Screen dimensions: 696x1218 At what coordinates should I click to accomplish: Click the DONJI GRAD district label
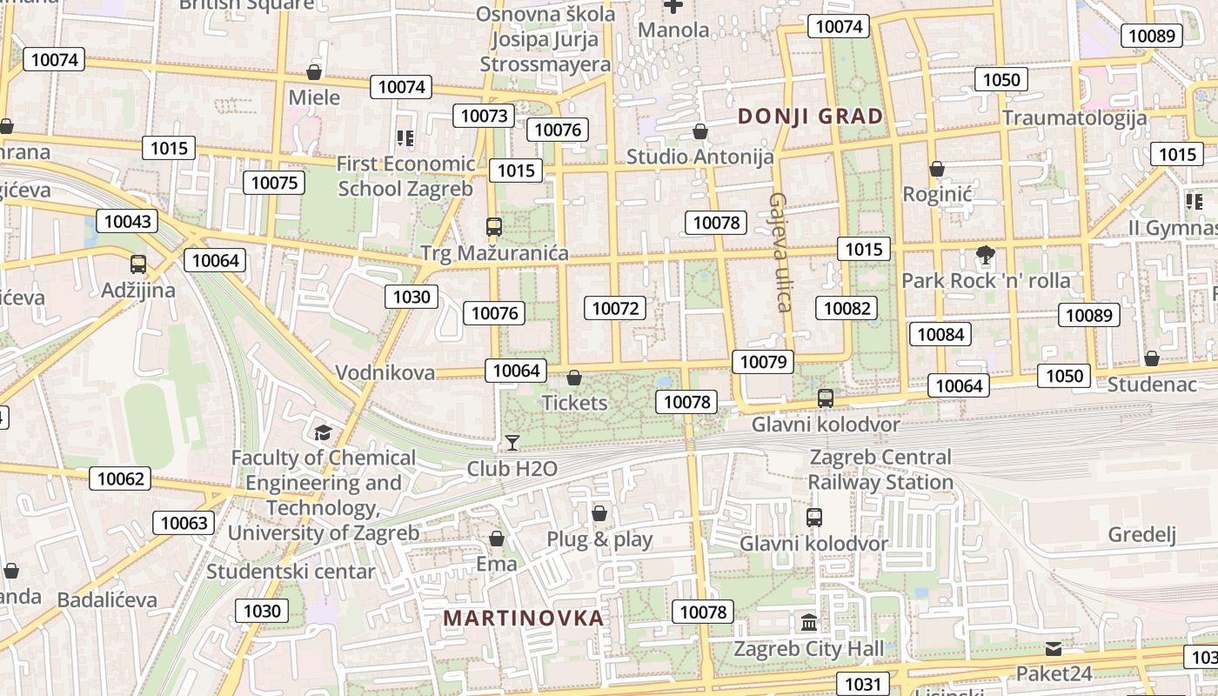tap(810, 116)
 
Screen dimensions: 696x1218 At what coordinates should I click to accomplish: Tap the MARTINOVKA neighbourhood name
tap(523, 618)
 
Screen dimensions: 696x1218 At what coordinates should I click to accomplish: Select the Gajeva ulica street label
tap(780, 252)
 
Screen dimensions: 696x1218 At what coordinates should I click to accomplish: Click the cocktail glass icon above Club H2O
tap(512, 443)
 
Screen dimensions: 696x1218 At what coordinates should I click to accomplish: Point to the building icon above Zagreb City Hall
tap(810, 622)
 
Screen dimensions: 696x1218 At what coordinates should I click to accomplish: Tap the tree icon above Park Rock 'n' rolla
tap(985, 255)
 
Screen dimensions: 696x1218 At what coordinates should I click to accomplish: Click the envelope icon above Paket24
tap(1054, 649)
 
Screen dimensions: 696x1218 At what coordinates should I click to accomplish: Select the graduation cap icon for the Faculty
tap(323, 432)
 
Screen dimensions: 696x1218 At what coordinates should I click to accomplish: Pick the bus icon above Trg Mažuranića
tap(494, 227)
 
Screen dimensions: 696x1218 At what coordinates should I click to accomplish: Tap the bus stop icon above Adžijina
tap(137, 264)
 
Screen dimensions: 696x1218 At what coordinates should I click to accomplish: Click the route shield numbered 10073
tap(484, 116)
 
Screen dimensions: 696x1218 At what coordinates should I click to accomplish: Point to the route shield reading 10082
tap(847, 307)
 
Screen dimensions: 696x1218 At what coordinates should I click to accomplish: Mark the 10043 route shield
tap(126, 221)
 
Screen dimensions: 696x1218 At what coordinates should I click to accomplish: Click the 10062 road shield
tap(120, 478)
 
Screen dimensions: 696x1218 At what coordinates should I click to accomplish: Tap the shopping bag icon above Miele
tap(314, 72)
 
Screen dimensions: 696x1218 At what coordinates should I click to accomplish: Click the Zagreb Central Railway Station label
tap(880, 469)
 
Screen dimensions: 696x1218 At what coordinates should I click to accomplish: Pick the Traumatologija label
tap(1074, 117)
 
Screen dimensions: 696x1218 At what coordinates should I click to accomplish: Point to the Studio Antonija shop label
tap(700, 157)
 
